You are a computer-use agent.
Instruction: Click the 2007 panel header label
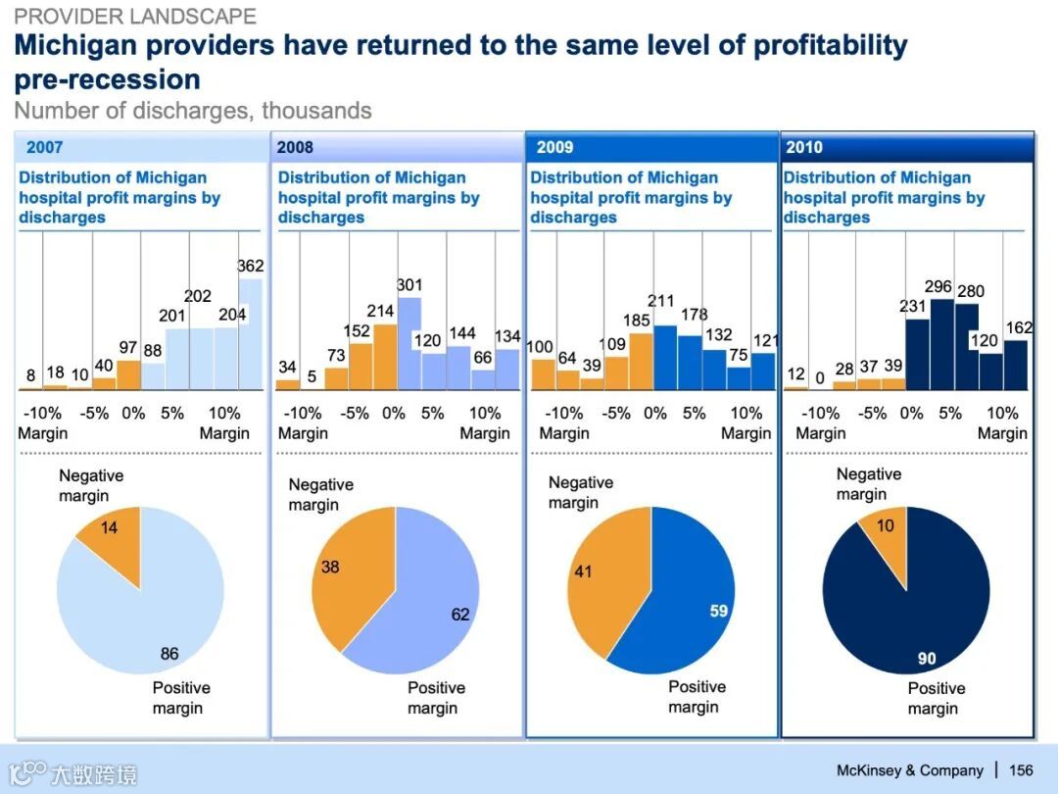pos(45,147)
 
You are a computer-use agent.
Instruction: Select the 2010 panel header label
pos(804,147)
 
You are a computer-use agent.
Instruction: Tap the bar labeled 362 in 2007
pos(251,333)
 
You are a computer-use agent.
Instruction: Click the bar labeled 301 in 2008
pos(409,343)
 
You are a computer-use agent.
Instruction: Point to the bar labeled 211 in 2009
pos(665,358)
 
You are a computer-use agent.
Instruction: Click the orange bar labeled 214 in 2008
pos(385,357)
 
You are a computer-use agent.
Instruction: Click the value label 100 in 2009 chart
pos(540,347)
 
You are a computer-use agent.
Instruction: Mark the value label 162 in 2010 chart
pos(1020,328)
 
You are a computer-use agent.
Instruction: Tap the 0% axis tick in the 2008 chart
pos(394,413)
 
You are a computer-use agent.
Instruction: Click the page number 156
pos(1021,770)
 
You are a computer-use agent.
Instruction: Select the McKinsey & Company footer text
pos(909,770)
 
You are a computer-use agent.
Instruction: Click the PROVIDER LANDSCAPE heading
pos(135,17)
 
